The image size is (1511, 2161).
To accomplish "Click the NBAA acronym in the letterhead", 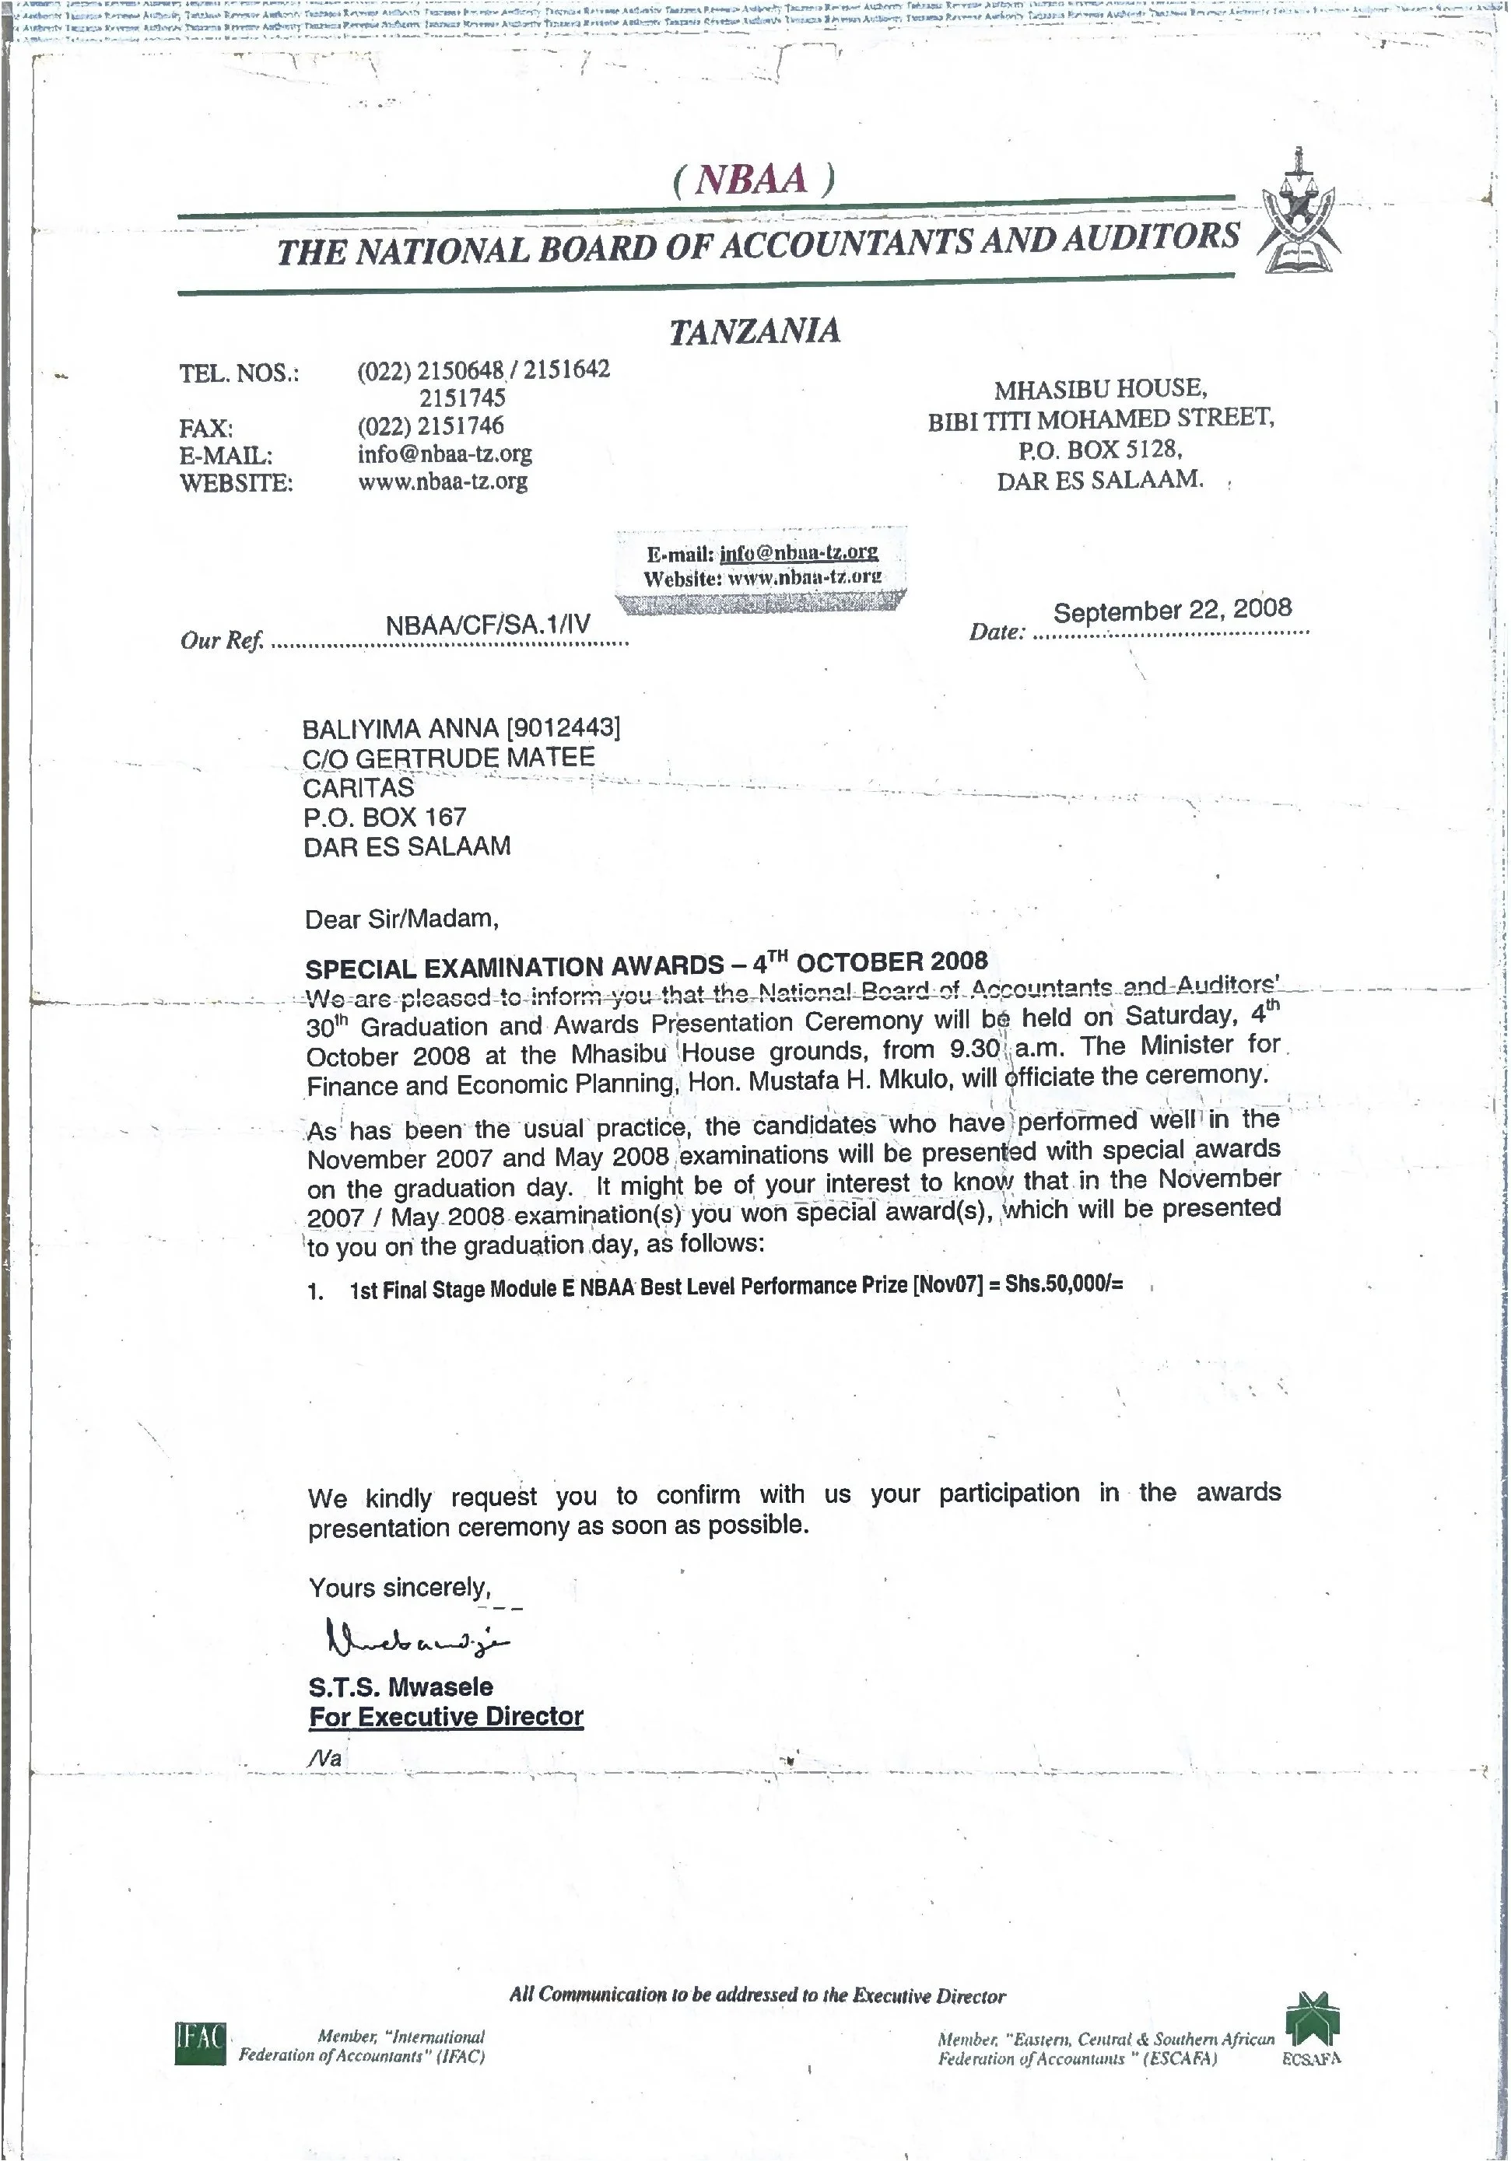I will (x=752, y=178).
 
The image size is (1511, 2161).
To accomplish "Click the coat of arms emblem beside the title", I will (x=1299, y=214).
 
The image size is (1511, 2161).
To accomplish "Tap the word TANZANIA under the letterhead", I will (x=754, y=331).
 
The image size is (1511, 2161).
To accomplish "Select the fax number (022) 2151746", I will (x=430, y=426).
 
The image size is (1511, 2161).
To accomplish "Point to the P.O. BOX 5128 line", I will (x=1099, y=449).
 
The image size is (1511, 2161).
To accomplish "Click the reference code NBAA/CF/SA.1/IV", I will (x=488, y=624).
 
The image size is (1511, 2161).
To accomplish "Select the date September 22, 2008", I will (x=1172, y=611).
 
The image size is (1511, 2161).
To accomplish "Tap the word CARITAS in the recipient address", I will (x=359, y=788).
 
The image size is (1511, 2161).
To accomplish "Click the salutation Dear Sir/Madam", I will (x=401, y=919).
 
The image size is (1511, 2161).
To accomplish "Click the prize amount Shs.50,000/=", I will (x=1064, y=1285).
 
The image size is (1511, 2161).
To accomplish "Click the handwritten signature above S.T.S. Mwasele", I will (x=414, y=1641).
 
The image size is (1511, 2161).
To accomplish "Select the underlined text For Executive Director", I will (x=447, y=1717).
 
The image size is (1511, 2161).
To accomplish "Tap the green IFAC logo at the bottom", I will (x=201, y=2044).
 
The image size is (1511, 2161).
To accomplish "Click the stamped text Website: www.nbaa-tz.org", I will (x=763, y=577).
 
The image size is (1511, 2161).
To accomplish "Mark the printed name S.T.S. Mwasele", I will (x=401, y=1686).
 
